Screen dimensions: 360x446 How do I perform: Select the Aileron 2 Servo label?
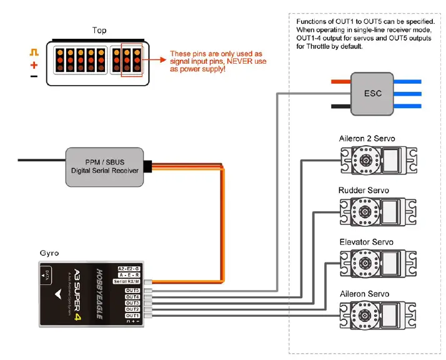367,138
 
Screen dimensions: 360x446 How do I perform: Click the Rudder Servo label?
364,190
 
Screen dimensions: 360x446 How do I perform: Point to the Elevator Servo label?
366,242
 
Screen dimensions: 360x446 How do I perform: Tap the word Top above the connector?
99,31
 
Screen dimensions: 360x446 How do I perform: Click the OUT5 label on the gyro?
132,290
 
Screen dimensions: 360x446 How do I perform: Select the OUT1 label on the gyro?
132,315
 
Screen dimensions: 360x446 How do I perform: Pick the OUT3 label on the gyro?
132,302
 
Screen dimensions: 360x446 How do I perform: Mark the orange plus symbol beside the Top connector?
34,65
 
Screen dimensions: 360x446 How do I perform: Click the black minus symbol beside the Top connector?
34,76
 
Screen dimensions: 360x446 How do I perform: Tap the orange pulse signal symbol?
34,53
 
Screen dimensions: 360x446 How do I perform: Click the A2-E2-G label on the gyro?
128,268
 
